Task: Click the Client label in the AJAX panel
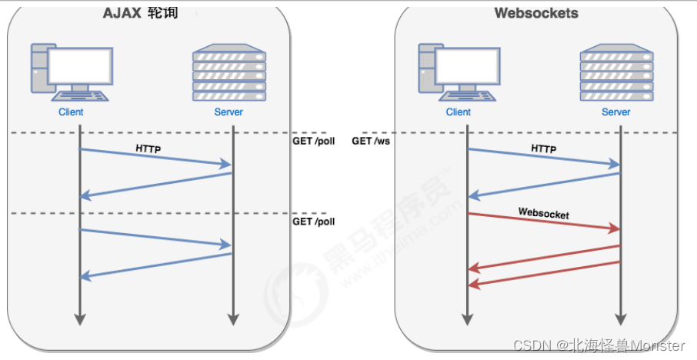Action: [x=71, y=112]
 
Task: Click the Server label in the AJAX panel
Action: [x=228, y=112]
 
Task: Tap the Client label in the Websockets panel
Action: [x=459, y=112]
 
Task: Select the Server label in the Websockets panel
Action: [x=616, y=112]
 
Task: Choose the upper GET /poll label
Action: [x=314, y=142]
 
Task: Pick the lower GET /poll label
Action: [x=314, y=222]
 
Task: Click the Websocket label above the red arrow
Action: [x=544, y=214]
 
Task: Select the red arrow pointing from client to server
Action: [x=544, y=222]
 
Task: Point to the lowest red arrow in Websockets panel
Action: [x=544, y=274]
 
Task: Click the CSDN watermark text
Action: [x=599, y=346]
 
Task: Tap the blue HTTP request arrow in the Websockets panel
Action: [x=544, y=157]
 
